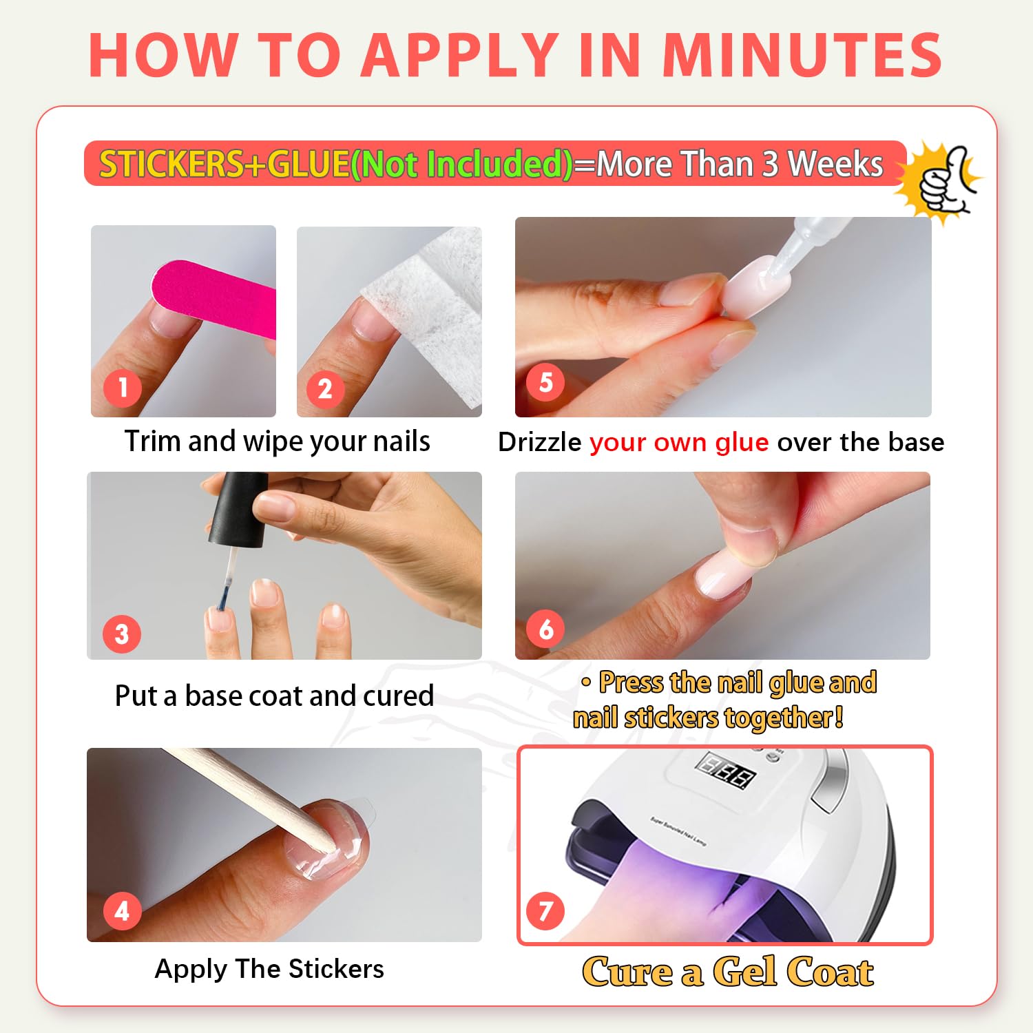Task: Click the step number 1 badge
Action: tap(123, 388)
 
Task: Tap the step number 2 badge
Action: tap(325, 389)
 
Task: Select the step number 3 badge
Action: tap(122, 634)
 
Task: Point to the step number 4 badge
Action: tap(122, 911)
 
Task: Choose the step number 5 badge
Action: tap(545, 382)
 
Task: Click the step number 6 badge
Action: tap(545, 628)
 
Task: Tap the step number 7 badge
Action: tap(545, 910)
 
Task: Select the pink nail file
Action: tap(213, 298)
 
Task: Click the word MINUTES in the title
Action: tap(802, 54)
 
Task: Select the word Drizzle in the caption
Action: tap(539, 442)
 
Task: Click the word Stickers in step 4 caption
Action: tap(336, 969)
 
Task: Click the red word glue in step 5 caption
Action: tap(742, 443)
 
